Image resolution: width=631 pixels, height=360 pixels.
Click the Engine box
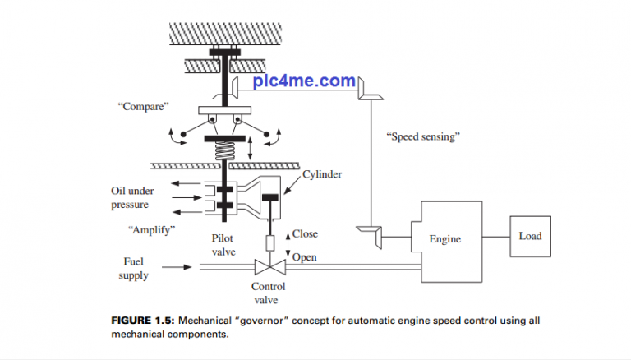click(444, 238)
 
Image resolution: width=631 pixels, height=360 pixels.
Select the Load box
click(530, 236)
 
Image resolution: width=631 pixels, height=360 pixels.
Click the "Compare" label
click(141, 106)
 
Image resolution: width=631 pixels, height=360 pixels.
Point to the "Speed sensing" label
click(421, 136)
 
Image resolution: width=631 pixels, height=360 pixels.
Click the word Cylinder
click(322, 174)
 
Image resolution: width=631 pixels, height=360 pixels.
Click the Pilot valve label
click(223, 245)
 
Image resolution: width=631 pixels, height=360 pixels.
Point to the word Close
click(305, 234)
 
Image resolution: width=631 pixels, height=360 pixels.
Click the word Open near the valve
click(305, 257)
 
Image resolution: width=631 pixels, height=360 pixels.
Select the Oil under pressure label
click(132, 197)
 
